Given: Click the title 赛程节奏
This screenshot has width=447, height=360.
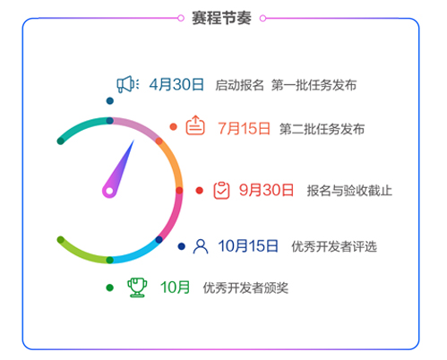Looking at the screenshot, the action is pyautogui.click(x=221, y=18).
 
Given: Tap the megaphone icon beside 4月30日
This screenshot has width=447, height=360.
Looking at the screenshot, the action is pyautogui.click(x=128, y=84).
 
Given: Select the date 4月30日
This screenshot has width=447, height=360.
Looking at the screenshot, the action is pyautogui.click(x=176, y=84).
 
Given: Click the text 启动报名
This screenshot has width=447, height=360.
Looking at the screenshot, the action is pyautogui.click(x=239, y=85).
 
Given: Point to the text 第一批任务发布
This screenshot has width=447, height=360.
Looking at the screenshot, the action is pyautogui.click(x=314, y=85).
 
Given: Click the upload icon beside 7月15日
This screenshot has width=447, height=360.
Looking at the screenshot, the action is pyautogui.click(x=195, y=125).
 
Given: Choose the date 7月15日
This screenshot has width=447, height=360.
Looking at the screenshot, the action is pyautogui.click(x=244, y=129).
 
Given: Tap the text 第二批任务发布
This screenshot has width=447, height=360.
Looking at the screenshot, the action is pyautogui.click(x=322, y=129).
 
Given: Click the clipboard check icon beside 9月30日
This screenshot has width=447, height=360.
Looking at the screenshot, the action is pyautogui.click(x=221, y=190).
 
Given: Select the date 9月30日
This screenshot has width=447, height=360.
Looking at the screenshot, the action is pyautogui.click(x=266, y=190).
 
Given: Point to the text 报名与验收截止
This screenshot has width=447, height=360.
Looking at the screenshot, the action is pyautogui.click(x=349, y=191).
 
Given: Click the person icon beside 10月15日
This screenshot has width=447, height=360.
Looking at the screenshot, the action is pyautogui.click(x=201, y=246).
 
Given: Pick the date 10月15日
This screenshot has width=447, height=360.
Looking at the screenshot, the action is pyautogui.click(x=248, y=246).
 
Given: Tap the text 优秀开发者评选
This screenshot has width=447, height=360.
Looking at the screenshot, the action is pyautogui.click(x=334, y=246).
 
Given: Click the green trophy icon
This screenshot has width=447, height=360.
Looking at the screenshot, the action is pyautogui.click(x=137, y=287).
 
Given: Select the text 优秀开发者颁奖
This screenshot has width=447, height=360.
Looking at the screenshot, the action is pyautogui.click(x=245, y=288).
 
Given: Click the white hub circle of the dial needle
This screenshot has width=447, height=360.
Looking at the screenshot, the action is pyautogui.click(x=109, y=191).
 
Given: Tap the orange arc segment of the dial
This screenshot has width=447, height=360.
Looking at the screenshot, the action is pyautogui.click(x=174, y=163).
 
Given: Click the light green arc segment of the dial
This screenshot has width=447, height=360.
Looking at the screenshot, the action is pyautogui.click(x=82, y=253).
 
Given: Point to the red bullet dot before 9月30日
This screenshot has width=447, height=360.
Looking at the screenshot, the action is pyautogui.click(x=200, y=191).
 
